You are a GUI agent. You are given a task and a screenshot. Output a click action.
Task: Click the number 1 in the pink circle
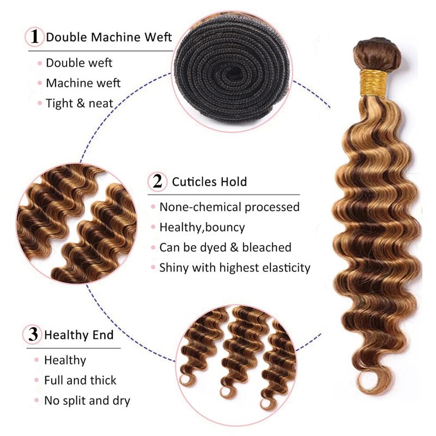(34, 37)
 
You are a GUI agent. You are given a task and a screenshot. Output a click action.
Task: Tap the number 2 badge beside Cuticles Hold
(158, 181)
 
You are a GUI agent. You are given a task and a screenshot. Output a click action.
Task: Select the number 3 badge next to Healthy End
(33, 334)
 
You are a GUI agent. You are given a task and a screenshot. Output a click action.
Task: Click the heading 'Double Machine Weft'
(108, 37)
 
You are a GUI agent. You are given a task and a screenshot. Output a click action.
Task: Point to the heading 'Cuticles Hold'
(209, 181)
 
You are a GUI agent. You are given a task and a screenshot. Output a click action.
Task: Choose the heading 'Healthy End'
(78, 335)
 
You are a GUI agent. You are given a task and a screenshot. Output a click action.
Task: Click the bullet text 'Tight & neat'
(80, 103)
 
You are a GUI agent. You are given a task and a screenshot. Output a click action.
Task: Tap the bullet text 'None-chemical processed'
(229, 207)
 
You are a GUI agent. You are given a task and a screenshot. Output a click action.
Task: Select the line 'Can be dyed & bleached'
(225, 247)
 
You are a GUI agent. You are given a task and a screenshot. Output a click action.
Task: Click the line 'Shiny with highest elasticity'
(235, 268)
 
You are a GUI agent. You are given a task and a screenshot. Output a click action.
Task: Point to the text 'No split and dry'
(87, 401)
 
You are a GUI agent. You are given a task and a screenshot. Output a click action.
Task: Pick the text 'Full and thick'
(80, 380)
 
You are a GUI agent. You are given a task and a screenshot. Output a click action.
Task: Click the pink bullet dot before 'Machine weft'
(40, 83)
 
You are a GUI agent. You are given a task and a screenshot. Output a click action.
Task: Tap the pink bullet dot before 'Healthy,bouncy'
(153, 227)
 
